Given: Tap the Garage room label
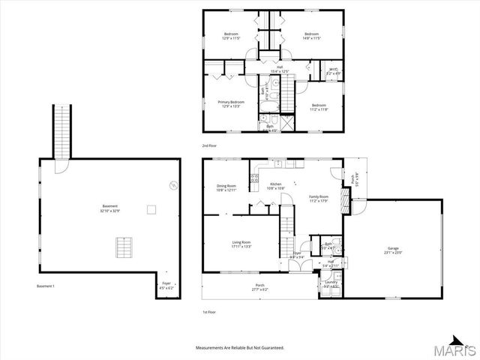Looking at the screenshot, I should click(x=393, y=250).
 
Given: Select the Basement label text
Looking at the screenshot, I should click(x=110, y=208).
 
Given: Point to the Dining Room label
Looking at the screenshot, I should click(x=226, y=188).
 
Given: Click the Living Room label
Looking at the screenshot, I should click(x=241, y=243).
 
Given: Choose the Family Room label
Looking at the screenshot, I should click(x=319, y=199).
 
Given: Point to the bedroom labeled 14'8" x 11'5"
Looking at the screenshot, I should click(x=311, y=36).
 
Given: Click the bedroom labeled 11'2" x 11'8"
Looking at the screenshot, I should click(x=319, y=107).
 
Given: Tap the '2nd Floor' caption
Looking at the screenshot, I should click(x=211, y=145).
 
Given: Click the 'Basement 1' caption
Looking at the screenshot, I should click(x=46, y=286).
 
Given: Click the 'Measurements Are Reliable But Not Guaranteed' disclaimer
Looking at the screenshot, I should click(x=240, y=348).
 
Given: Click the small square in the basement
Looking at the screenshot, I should click(x=151, y=210).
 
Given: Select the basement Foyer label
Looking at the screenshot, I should click(x=166, y=286).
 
